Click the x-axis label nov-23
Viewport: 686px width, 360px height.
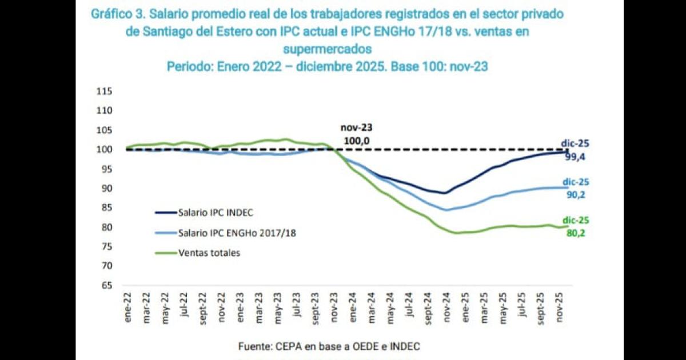click(335, 311)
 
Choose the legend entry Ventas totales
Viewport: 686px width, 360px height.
click(209, 253)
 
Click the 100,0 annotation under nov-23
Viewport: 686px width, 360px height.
click(356, 139)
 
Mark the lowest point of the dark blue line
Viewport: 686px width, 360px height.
click(445, 193)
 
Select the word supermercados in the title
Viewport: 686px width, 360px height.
click(327, 49)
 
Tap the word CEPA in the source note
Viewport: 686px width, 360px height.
click(286, 346)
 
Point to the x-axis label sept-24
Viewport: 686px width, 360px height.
click(428, 310)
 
